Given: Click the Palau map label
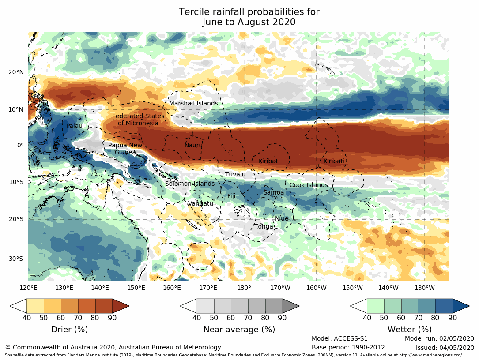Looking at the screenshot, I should point(74,126).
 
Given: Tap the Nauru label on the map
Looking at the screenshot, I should point(193,145).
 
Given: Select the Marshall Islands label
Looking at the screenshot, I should point(193,104).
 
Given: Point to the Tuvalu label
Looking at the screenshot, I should point(235,175).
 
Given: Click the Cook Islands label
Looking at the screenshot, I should point(309,185).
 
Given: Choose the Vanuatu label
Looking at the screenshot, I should point(200,204).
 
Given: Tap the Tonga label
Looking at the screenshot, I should point(264,227).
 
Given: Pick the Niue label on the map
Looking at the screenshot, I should point(282,219).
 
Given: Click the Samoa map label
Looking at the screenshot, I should point(274,193).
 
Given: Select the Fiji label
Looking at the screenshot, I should point(231,196).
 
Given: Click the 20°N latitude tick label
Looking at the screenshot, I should point(16,72).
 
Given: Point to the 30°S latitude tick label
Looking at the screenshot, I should point(16,259).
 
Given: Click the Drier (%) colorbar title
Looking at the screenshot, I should point(69,330).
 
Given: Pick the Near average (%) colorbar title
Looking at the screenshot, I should point(239,330).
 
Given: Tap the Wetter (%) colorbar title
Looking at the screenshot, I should point(410,330).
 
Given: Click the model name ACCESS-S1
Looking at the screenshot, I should point(352,339).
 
